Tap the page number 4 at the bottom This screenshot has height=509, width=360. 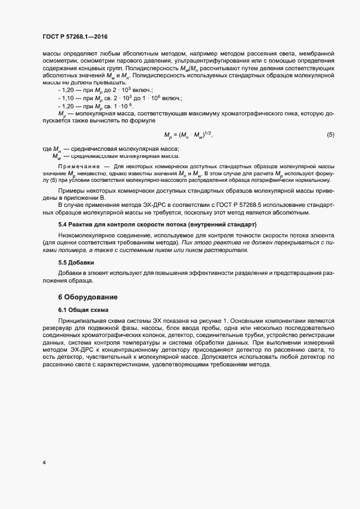click(44, 463)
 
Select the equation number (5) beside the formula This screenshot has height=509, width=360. click(330, 134)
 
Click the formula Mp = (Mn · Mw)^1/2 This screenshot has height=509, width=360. click(188, 134)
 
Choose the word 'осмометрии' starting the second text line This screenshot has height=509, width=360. click(58, 62)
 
